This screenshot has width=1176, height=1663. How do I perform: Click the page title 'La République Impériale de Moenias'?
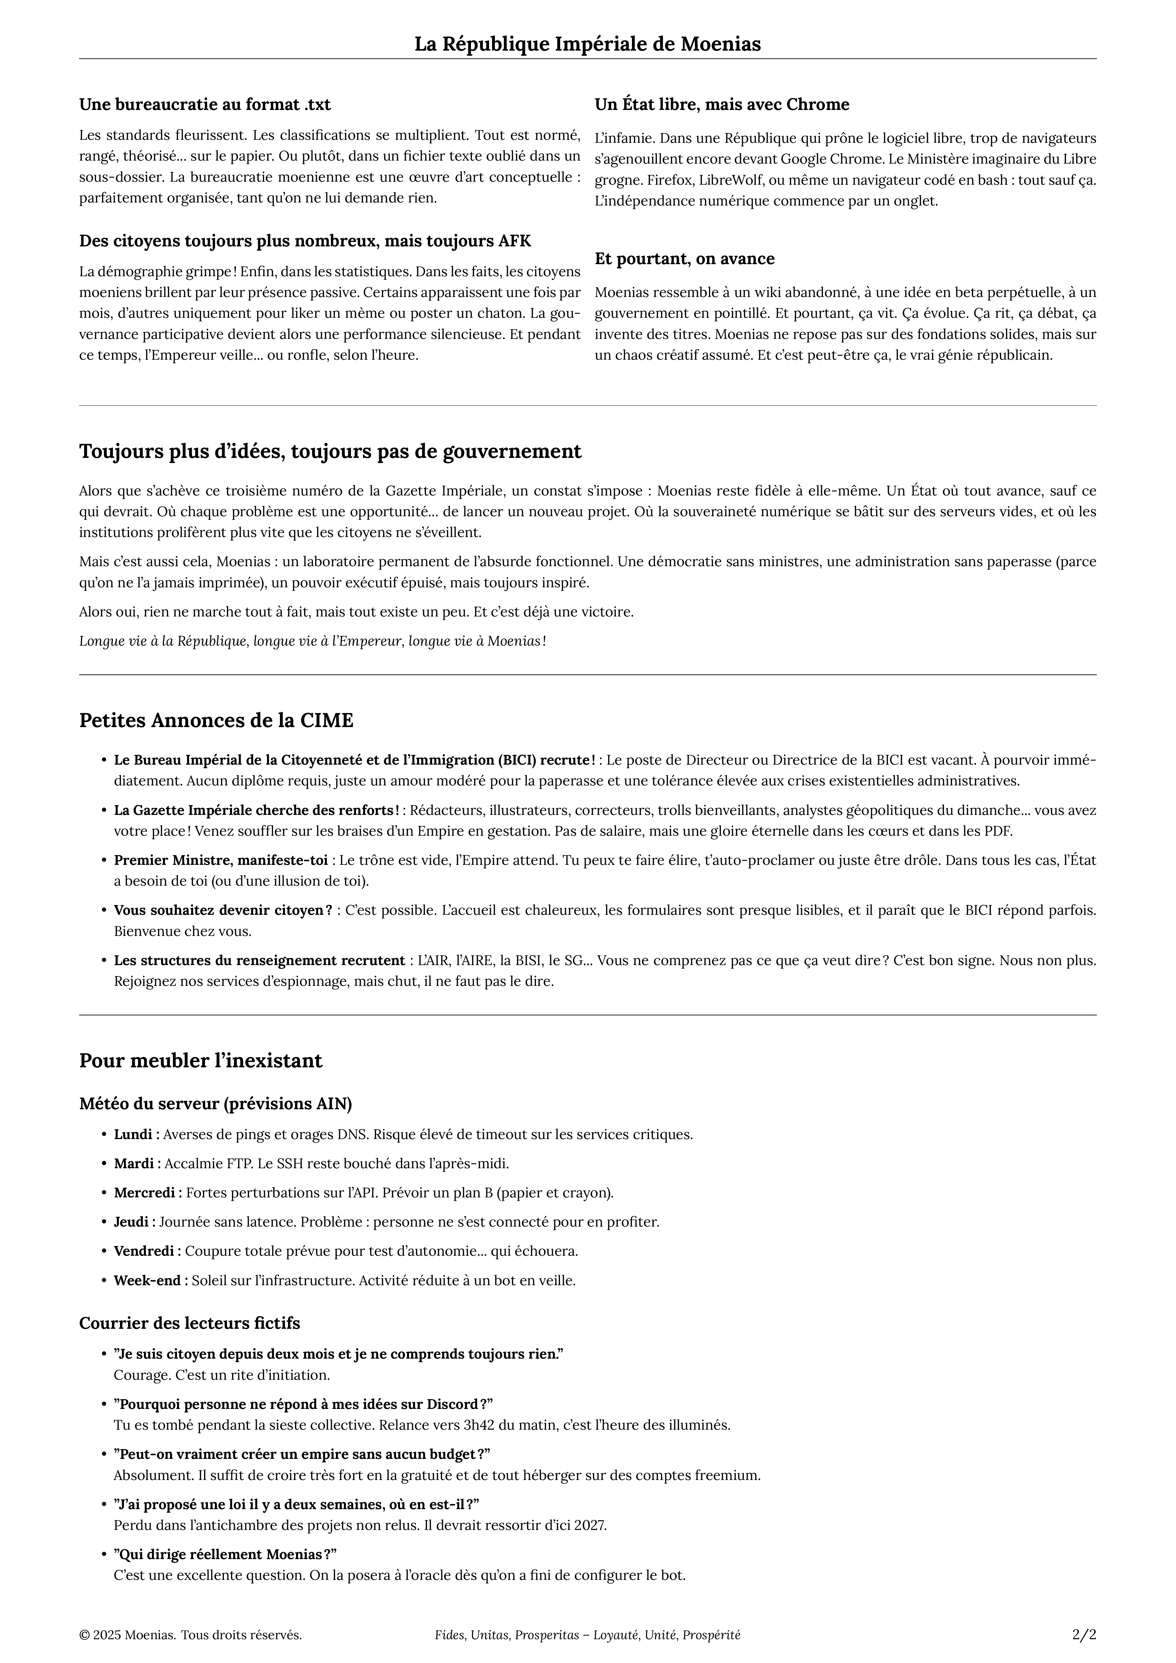[587, 44]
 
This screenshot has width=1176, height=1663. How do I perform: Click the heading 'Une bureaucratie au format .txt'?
[205, 104]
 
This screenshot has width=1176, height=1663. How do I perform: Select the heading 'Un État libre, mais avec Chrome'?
[722, 104]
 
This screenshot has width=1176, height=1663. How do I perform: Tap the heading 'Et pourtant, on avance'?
[684, 258]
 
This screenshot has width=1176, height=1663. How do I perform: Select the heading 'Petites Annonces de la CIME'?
[217, 721]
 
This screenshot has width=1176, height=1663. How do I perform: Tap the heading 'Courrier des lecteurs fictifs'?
[190, 1323]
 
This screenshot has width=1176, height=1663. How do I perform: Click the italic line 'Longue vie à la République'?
[312, 641]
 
